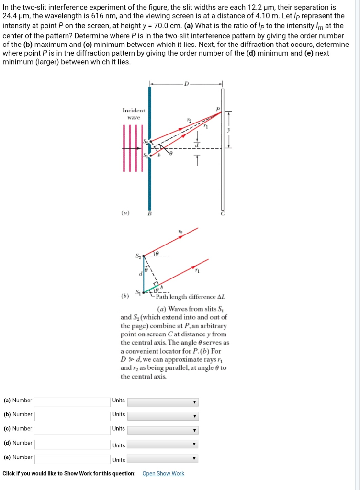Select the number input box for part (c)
[72, 430]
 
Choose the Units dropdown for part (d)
[163, 445]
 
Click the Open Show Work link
[163, 473]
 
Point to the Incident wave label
[134, 113]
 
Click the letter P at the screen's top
[218, 109]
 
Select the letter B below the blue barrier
[150, 213]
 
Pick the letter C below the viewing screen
[222, 213]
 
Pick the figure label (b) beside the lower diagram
[125, 290]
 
